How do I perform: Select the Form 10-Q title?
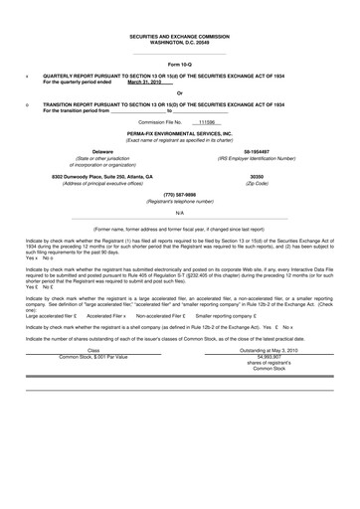(x=179, y=64)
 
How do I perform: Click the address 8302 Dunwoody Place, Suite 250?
(x=93, y=176)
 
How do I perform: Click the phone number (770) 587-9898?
(x=179, y=194)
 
